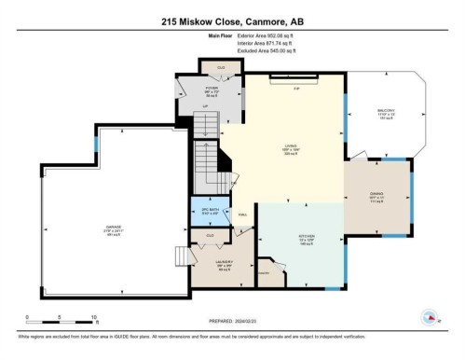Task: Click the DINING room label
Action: (376, 197)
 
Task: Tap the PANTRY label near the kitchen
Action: (264, 271)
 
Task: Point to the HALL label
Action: (240, 214)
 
